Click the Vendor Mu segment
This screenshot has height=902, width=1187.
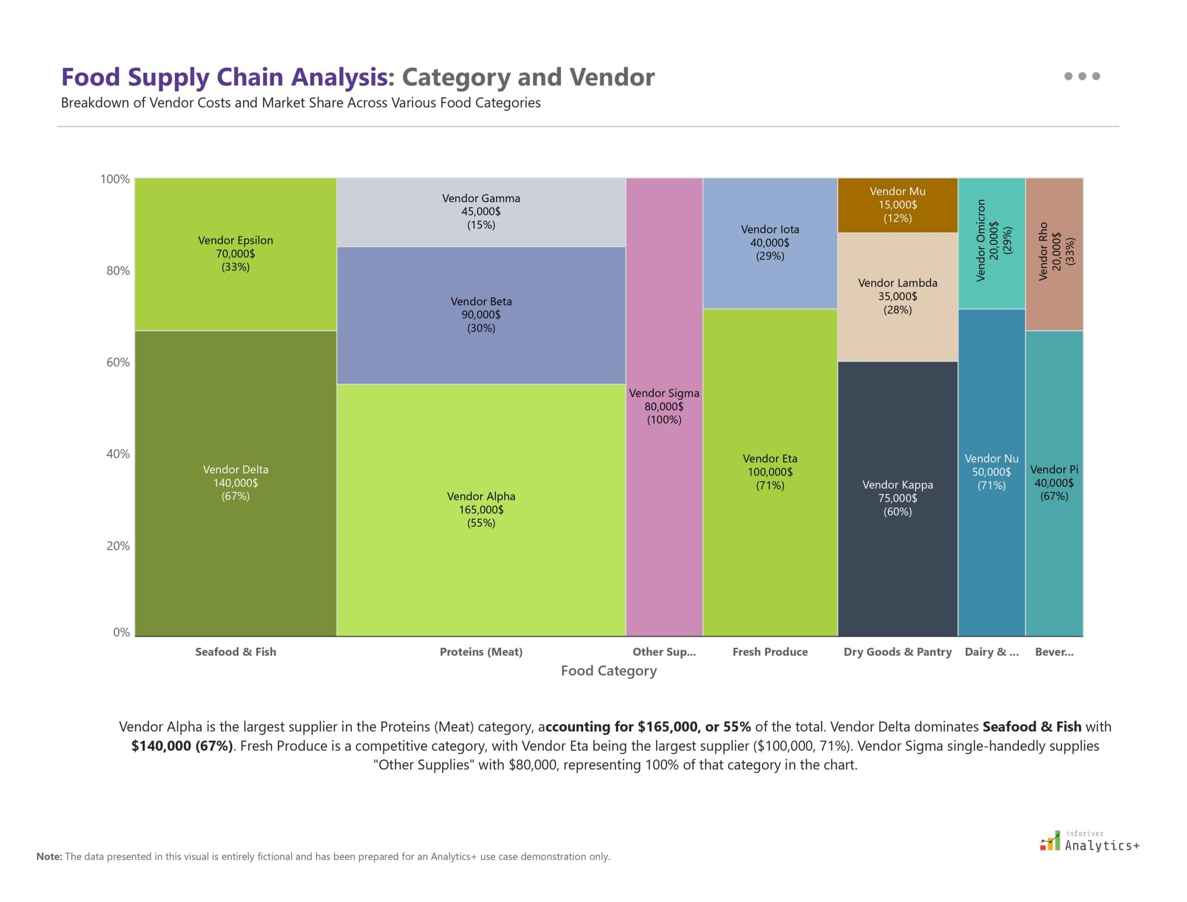897,205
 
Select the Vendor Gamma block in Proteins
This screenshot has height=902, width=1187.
480,211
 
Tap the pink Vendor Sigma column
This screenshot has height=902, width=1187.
664,406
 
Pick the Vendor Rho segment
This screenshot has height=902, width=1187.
1054,252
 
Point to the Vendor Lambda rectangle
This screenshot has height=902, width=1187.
897,296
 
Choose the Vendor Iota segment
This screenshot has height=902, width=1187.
770,243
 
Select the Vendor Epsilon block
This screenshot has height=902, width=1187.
235,253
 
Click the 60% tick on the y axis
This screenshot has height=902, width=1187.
118,362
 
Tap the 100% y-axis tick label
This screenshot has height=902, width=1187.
115,179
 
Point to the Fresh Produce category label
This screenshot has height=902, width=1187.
770,652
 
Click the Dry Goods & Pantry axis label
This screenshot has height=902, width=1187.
897,652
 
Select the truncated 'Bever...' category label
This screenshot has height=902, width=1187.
1054,652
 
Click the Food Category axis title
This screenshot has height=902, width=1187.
608,671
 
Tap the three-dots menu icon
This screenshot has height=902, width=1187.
1082,76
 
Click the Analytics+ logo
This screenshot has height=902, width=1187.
1089,841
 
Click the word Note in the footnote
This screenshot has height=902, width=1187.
49,857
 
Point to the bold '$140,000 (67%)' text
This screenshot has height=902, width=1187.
182,746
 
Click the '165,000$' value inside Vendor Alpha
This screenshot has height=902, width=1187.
480,510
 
